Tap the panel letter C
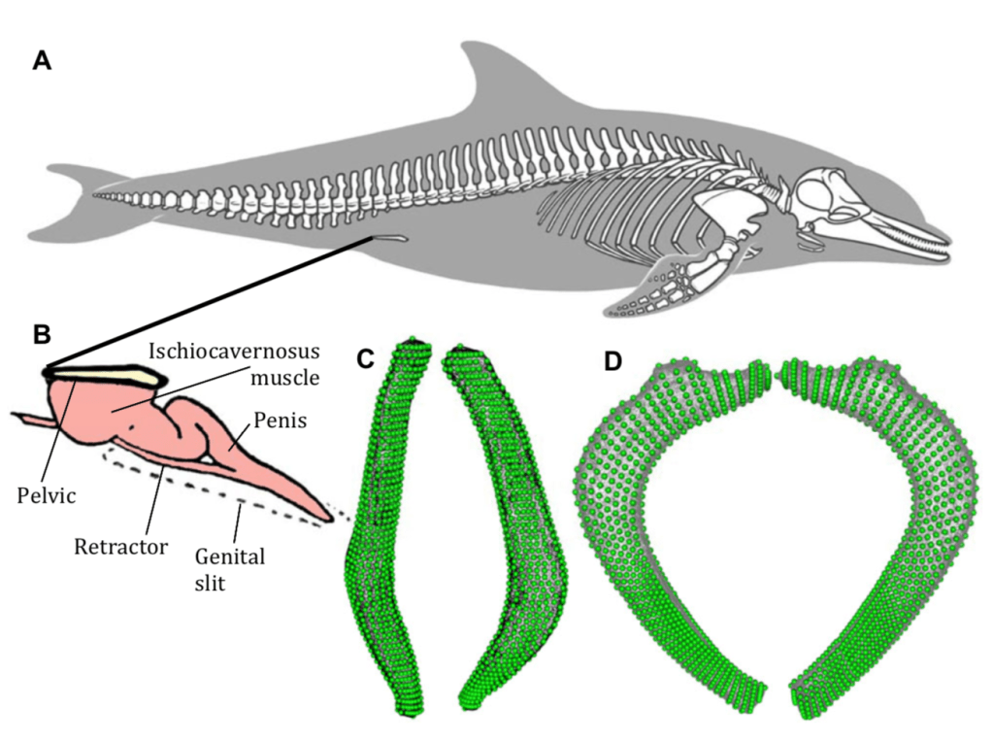tap(365, 359)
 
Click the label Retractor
tap(120, 546)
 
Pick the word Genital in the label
tap(228, 557)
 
